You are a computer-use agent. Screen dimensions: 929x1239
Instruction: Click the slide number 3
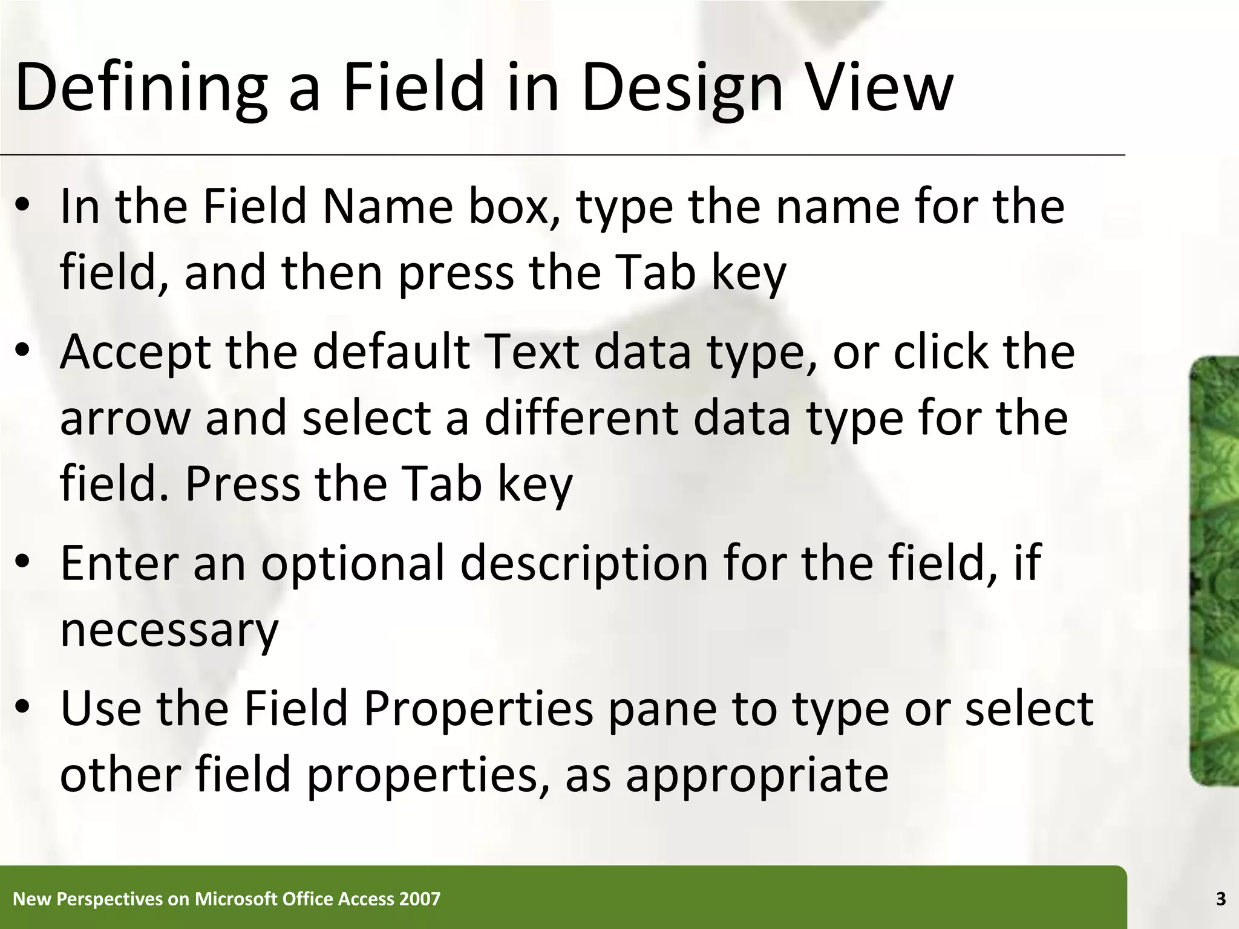pyautogui.click(x=1220, y=899)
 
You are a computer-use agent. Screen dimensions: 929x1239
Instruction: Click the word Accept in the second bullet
pyautogui.click(x=135, y=353)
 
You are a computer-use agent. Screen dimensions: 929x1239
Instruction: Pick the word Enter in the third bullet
pyautogui.click(x=119, y=562)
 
